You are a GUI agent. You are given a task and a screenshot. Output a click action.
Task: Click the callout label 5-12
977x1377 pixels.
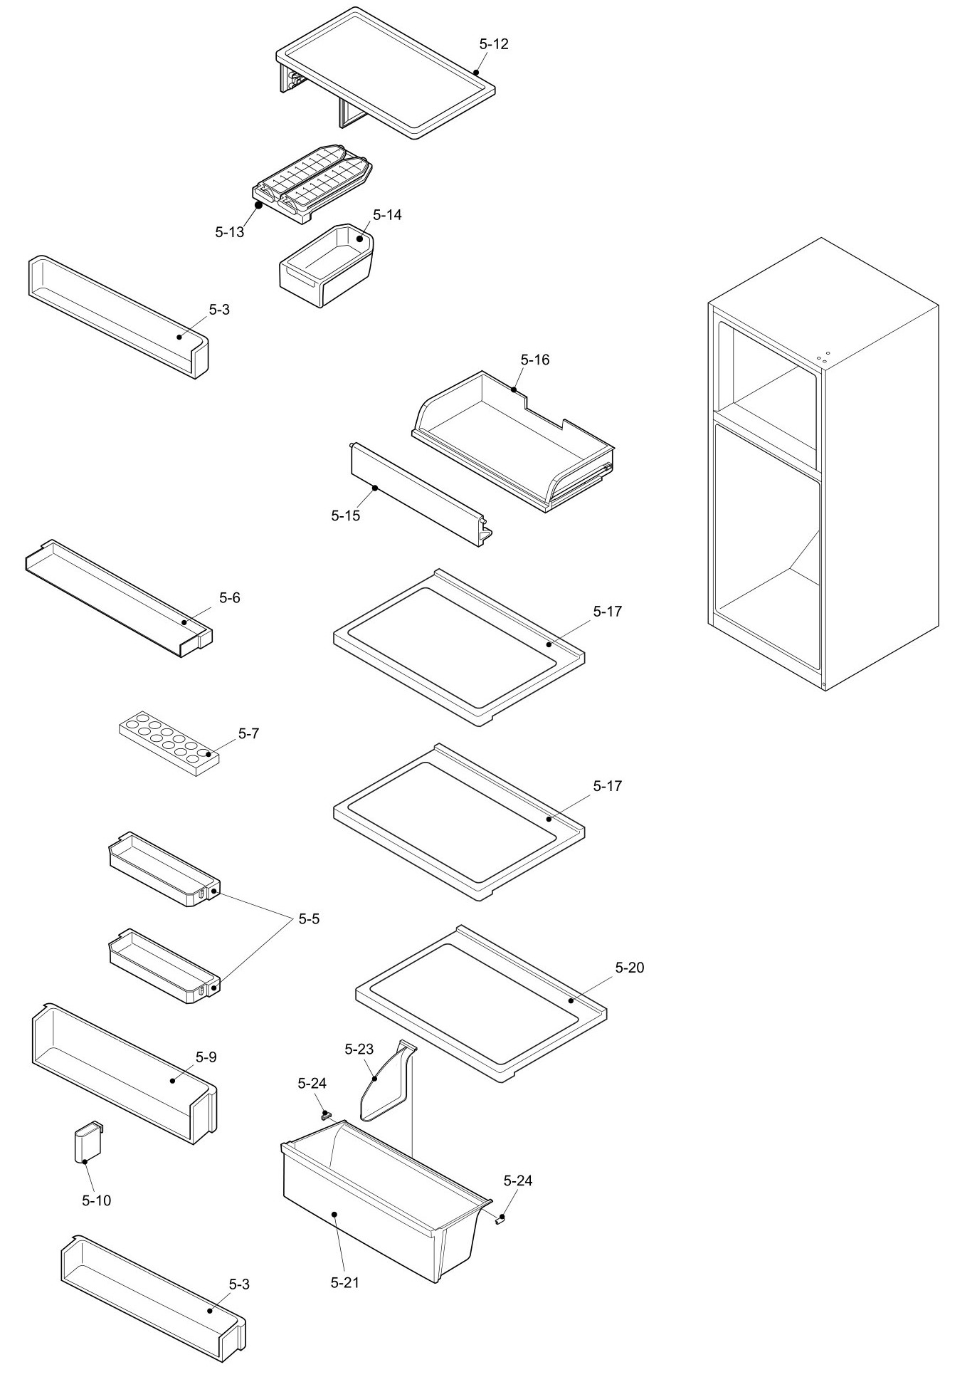click(x=493, y=44)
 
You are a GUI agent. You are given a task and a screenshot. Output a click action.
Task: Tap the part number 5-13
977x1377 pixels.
click(x=229, y=232)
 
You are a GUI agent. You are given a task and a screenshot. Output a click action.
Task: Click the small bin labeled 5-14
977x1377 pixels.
click(x=325, y=266)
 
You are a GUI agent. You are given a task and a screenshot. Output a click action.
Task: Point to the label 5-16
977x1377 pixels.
click(x=534, y=360)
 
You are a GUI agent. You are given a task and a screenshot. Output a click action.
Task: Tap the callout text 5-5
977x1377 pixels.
click(x=308, y=919)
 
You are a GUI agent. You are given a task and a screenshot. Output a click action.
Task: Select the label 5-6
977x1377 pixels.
click(x=229, y=598)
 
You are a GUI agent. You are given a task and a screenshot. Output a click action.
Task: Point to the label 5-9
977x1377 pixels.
click(x=206, y=1057)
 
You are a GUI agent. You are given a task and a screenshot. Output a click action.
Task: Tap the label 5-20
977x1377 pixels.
click(x=629, y=968)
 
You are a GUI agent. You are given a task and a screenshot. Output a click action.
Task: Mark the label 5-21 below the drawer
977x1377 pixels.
click(x=344, y=1283)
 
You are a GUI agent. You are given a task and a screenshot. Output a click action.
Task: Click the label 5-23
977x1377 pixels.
click(x=359, y=1049)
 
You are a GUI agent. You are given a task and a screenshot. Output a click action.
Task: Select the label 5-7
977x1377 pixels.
click(x=248, y=733)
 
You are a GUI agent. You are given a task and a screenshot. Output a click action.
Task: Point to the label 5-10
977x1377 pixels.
click(x=96, y=1201)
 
